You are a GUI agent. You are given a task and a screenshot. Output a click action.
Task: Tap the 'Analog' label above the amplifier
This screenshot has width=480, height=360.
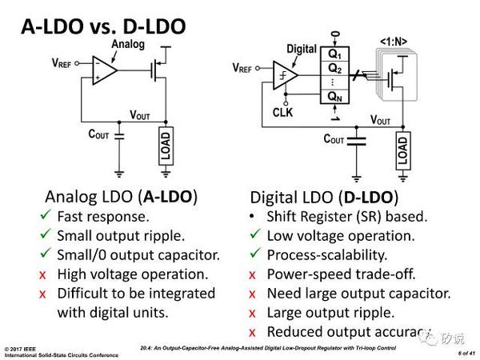128,44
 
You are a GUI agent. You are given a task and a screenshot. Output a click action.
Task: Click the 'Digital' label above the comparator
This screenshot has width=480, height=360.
302,49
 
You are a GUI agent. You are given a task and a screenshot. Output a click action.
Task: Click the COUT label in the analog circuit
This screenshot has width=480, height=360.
99,134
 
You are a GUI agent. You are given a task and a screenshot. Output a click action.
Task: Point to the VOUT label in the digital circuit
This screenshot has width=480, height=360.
386,119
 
